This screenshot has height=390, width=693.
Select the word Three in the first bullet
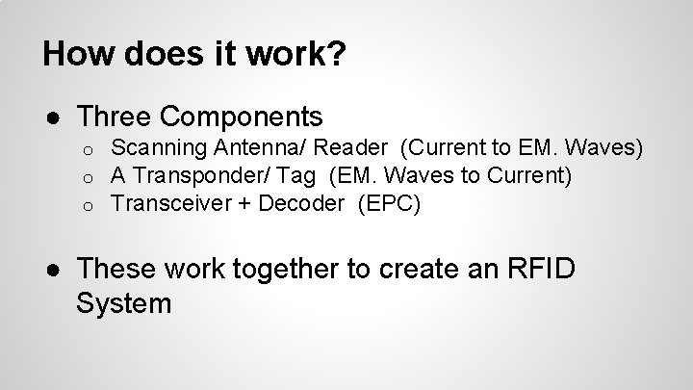point(115,117)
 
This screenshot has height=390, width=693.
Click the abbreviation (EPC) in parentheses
point(387,203)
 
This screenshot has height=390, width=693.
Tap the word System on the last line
point(123,304)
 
